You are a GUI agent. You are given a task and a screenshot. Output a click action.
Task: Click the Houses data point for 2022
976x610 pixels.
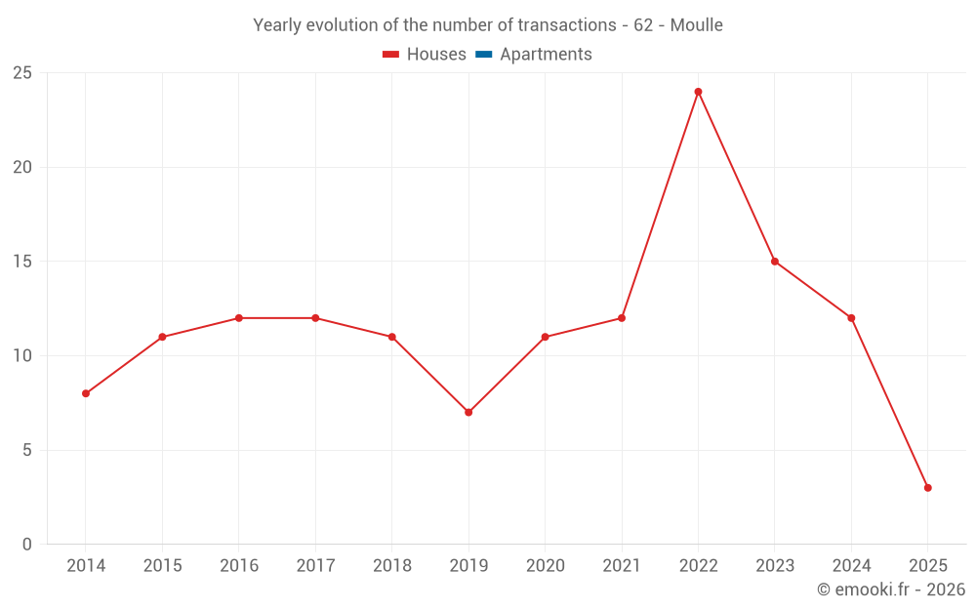point(698,92)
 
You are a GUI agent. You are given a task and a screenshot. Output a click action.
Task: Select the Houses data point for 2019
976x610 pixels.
point(468,412)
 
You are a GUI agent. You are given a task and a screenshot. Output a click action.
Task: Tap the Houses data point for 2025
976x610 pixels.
point(927,488)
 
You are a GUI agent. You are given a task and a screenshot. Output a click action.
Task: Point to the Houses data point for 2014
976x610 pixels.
point(86,393)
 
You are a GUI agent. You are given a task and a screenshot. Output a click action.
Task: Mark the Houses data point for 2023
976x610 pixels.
point(775,262)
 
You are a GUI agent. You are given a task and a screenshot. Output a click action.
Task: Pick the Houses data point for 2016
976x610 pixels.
point(239,318)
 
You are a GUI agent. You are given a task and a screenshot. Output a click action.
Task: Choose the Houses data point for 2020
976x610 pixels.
point(545,337)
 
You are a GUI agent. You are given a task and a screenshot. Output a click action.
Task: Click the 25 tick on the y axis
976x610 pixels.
point(22,73)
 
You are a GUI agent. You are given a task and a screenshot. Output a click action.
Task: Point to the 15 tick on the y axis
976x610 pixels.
point(22,262)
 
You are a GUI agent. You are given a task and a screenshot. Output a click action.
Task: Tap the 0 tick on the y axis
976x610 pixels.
point(27,545)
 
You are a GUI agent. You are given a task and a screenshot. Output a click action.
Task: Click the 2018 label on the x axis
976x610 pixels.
point(391,566)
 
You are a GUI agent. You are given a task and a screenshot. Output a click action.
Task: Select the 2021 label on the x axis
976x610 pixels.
point(622,566)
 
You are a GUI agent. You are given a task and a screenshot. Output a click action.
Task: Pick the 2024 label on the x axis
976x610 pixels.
point(851,566)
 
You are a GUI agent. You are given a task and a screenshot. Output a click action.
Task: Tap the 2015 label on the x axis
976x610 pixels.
point(162,566)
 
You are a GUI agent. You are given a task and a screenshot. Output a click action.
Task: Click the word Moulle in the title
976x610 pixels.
point(696,25)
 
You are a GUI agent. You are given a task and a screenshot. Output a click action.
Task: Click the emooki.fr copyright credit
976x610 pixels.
point(891,590)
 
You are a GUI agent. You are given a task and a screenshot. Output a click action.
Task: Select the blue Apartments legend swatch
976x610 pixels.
point(483,55)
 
